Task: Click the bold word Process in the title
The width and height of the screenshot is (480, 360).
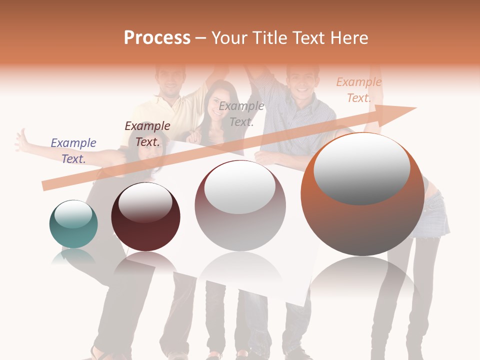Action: (157, 38)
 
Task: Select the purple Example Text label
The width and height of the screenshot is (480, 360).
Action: (73, 151)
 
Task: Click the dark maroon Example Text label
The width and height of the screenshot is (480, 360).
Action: (147, 134)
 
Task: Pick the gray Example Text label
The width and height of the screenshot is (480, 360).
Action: (241, 114)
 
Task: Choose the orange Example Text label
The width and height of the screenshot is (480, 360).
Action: (358, 90)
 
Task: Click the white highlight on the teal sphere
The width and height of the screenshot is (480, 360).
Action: (73, 214)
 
